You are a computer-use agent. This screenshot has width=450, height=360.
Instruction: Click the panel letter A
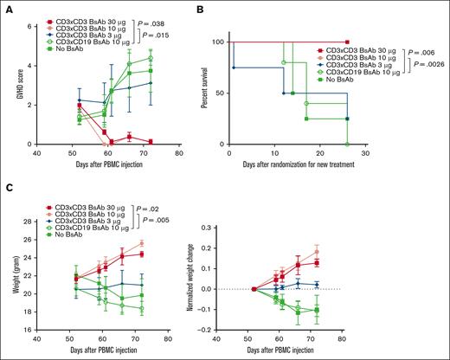(7, 7)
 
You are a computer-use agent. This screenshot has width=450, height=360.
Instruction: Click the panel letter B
(229, 7)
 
